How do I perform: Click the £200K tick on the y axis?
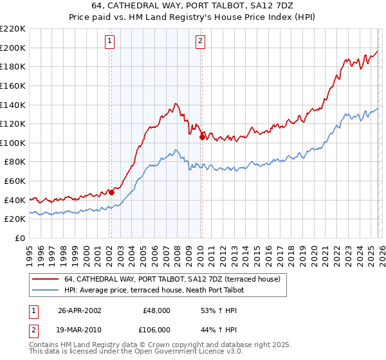pyautogui.click(x=13, y=48)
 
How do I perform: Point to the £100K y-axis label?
pyautogui.click(x=13, y=143)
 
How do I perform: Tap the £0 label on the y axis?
pyautogui.click(x=21, y=238)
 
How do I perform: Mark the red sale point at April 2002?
pyautogui.click(x=111, y=192)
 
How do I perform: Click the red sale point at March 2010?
pyautogui.click(x=202, y=137)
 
